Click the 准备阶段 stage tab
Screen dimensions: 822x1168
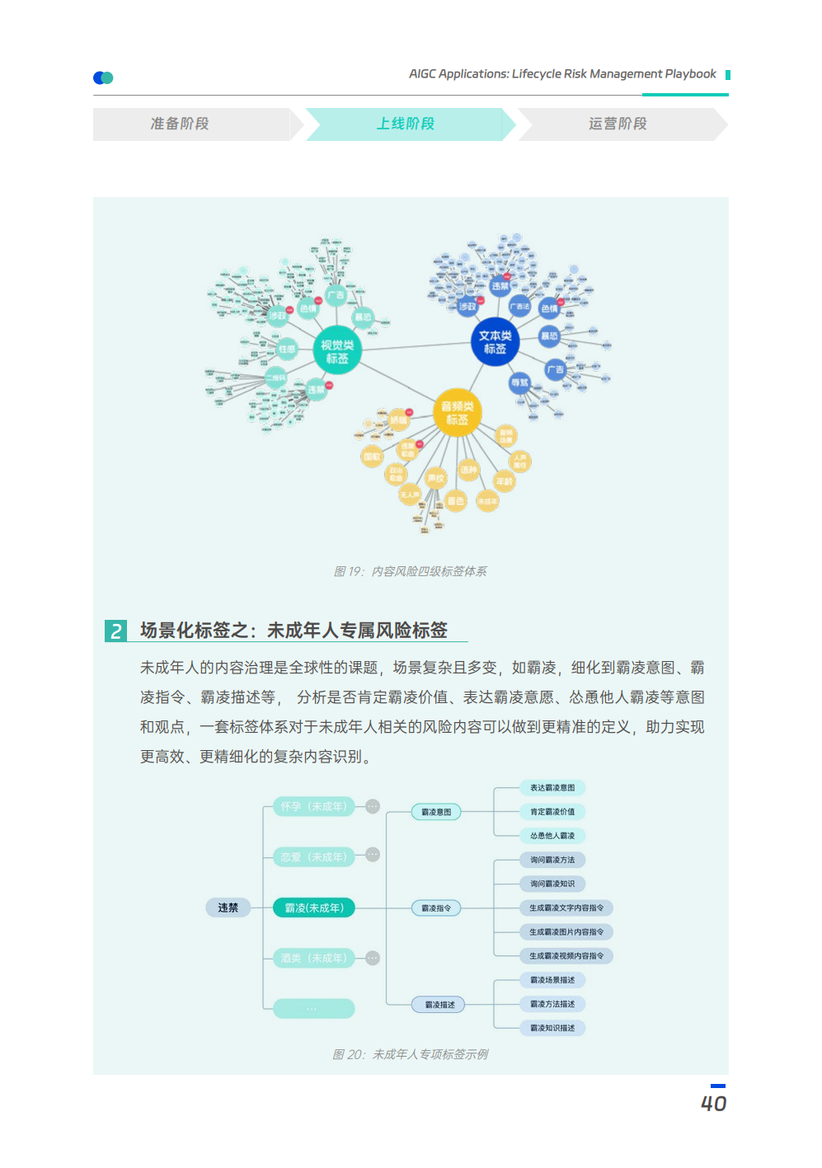click(180, 124)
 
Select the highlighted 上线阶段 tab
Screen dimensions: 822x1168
click(406, 124)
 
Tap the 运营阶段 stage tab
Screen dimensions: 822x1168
click(618, 124)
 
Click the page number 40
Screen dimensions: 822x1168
click(713, 1103)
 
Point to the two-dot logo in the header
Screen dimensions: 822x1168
click(103, 77)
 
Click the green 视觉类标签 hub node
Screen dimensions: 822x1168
click(337, 351)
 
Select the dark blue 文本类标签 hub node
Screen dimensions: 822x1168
click(496, 341)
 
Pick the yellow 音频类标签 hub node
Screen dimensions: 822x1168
click(458, 412)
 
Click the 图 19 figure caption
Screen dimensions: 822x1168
click(410, 571)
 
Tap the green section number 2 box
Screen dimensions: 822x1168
click(116, 631)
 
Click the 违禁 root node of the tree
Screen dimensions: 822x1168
click(228, 908)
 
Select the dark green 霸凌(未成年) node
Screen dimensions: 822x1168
click(314, 908)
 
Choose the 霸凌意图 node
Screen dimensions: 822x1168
click(436, 812)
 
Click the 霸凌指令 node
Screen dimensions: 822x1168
click(436, 908)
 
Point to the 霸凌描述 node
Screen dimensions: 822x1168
click(439, 1004)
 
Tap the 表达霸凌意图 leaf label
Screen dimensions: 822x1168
click(552, 787)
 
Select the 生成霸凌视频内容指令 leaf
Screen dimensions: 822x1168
click(566, 955)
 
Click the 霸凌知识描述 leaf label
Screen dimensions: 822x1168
click(552, 1028)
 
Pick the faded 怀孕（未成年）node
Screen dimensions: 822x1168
click(314, 806)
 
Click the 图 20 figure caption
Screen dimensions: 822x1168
click(410, 1054)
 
